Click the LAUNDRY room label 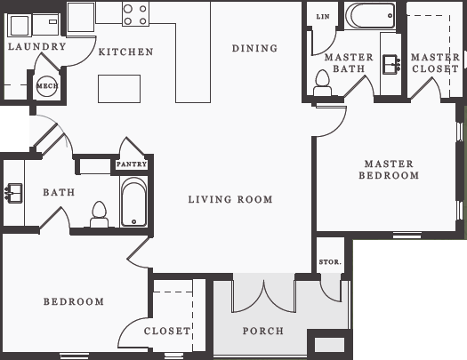point(36,46)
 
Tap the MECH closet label point(46,86)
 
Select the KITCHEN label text point(125,52)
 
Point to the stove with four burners point(135,13)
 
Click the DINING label point(254,48)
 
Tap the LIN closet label point(321,16)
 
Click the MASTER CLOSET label point(436,63)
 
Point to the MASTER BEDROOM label point(389,170)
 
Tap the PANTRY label point(131,164)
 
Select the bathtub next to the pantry point(133,204)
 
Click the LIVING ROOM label point(230,199)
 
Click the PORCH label point(263,331)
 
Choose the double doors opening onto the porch point(263,295)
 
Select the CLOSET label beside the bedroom point(167,331)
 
